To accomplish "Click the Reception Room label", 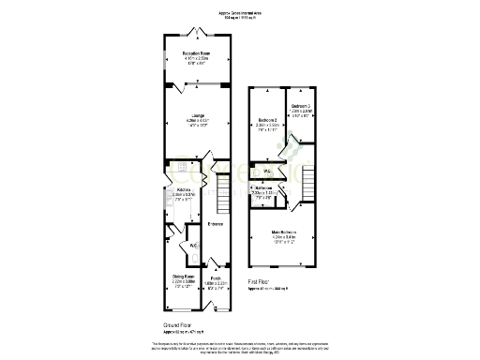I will [195, 54].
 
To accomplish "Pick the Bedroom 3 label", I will [300, 106].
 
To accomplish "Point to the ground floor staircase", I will [223, 198].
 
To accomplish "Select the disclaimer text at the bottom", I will [240, 348].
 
